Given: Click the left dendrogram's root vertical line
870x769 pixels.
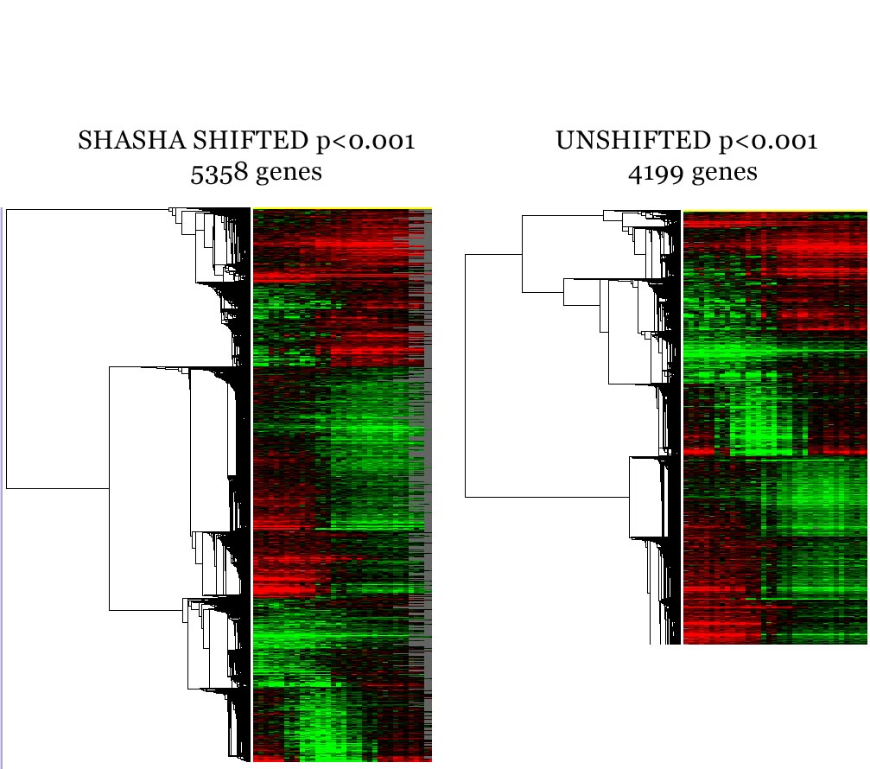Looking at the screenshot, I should [6, 346].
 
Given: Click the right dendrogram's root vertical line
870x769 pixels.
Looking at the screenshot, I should [465, 376].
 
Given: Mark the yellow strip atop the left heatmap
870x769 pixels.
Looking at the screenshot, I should [342, 208].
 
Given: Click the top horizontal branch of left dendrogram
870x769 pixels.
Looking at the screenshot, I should [86, 209].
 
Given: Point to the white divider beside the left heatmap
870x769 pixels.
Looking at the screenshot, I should [251, 484].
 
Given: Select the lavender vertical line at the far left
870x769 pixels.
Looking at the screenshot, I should [2, 484].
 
